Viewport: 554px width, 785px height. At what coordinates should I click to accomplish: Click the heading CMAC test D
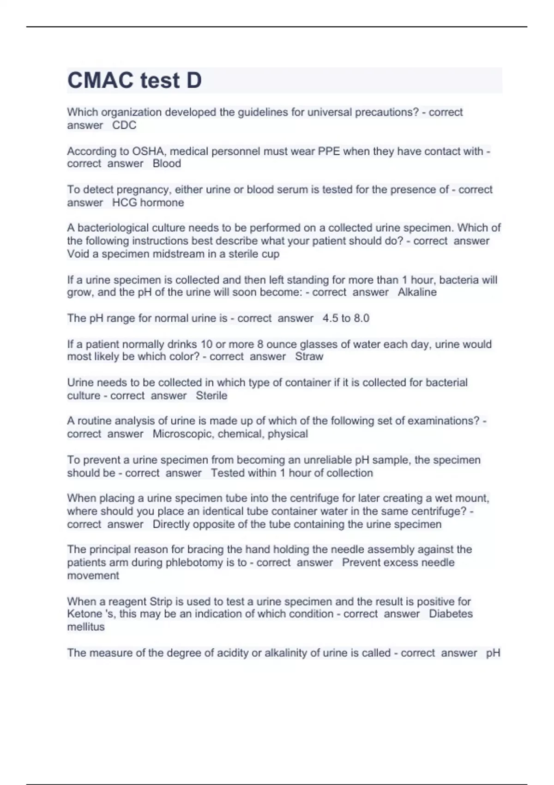[x=134, y=80]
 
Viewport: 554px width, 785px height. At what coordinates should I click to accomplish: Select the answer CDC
[x=124, y=125]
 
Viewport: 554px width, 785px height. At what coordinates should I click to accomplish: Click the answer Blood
[x=167, y=163]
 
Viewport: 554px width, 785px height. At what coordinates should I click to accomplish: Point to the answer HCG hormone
[x=148, y=202]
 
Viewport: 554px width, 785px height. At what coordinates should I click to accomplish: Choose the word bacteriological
[x=115, y=228]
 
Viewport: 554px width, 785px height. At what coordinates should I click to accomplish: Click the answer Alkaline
[x=417, y=292]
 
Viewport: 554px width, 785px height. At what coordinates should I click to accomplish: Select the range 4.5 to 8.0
[x=346, y=318]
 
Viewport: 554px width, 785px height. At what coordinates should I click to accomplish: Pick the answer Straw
[x=309, y=356]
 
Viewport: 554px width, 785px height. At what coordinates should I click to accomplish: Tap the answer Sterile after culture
[x=211, y=395]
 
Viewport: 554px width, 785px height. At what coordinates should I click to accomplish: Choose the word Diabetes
[x=451, y=614]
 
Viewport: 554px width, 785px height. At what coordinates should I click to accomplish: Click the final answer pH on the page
[x=493, y=653]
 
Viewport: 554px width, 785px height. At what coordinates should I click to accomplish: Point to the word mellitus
[x=86, y=627]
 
